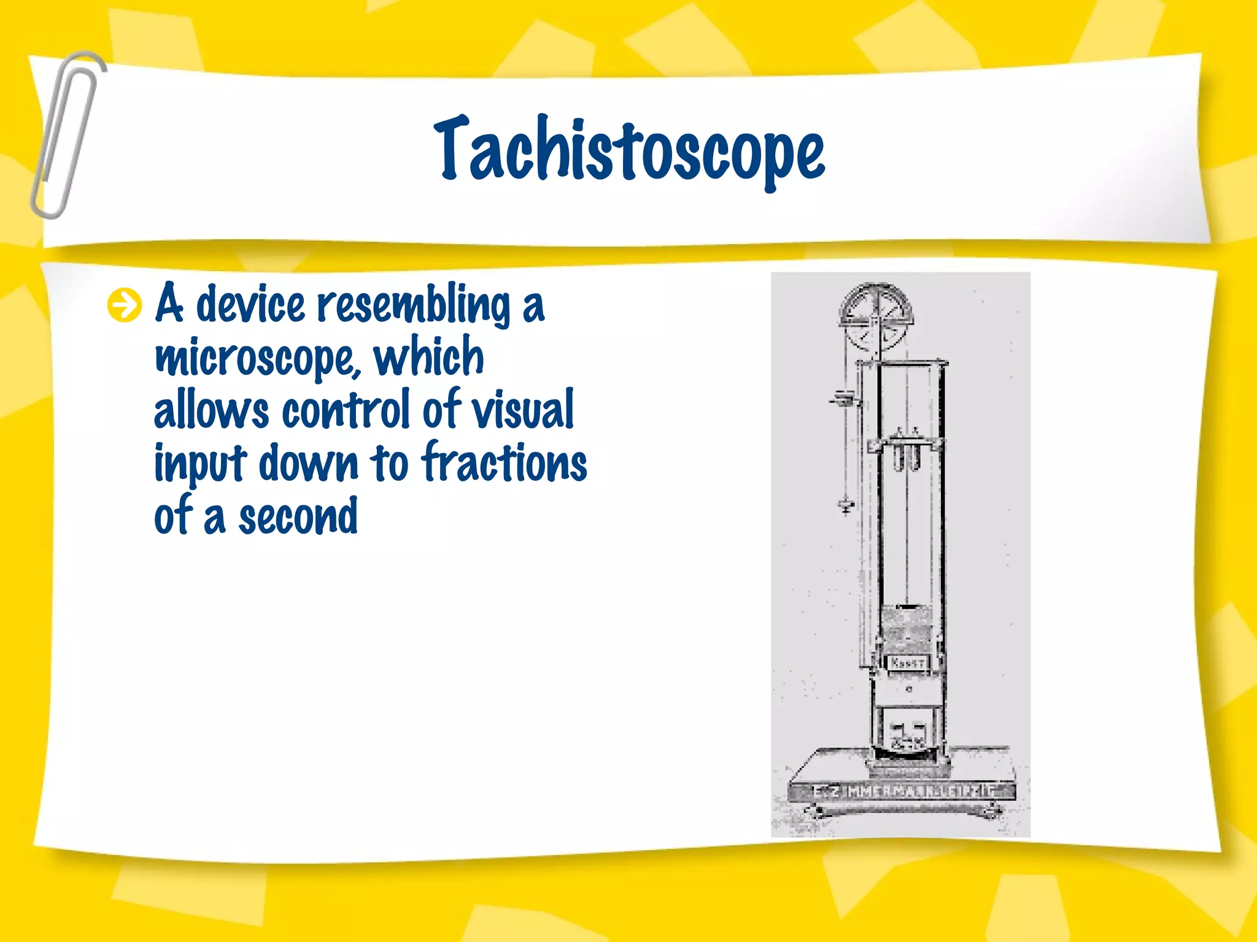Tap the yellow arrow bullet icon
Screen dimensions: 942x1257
tap(124, 305)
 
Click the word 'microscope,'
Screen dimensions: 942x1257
tap(258, 358)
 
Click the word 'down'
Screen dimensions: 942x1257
tap(308, 463)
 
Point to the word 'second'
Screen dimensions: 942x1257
tap(298, 516)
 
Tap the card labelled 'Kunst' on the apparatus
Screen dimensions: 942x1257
tap(907, 663)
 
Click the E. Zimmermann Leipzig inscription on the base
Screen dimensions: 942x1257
tap(902, 791)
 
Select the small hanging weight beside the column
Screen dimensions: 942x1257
tap(846, 505)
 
